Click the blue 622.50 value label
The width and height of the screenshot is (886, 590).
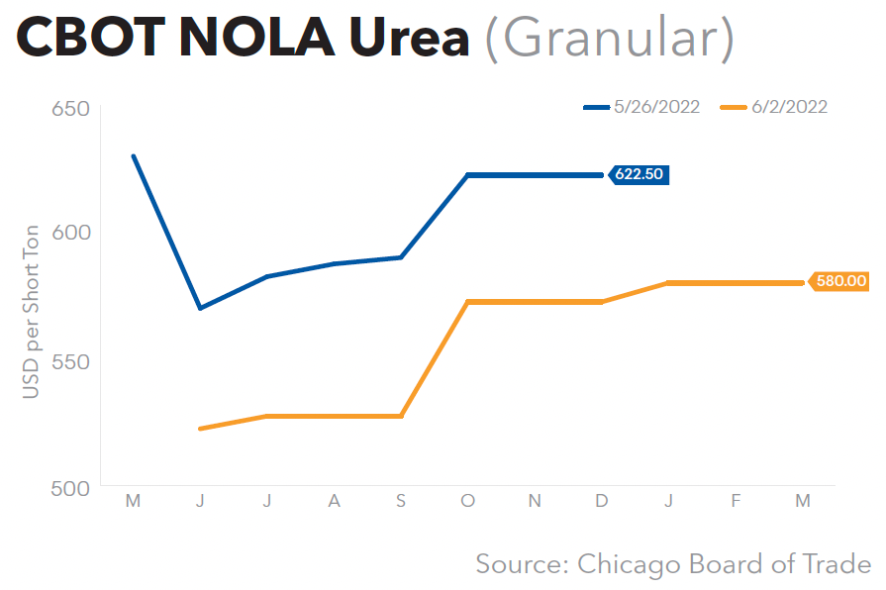tap(640, 175)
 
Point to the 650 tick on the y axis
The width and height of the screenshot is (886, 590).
tap(70, 108)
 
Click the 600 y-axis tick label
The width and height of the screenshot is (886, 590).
tap(70, 233)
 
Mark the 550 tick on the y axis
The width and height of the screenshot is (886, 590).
tap(70, 360)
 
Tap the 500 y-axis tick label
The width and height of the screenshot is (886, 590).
tap(70, 487)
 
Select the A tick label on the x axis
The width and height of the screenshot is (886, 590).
tap(334, 502)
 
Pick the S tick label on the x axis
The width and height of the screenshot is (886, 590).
tap(401, 502)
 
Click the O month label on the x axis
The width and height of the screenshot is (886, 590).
tap(467, 502)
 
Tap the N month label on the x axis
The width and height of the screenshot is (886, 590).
tap(535, 502)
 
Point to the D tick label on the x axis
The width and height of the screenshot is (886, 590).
tap(602, 502)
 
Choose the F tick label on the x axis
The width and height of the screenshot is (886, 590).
tap(736, 502)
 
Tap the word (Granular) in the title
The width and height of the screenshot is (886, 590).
tap(610, 40)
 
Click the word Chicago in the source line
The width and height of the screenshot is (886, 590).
tap(621, 563)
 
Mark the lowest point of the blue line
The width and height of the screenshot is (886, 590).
tap(200, 309)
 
